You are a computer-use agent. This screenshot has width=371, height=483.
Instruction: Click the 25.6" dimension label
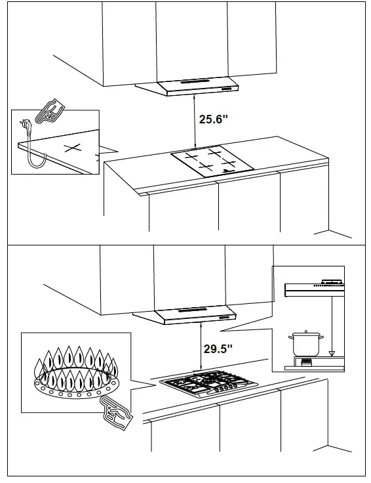coord(214,119)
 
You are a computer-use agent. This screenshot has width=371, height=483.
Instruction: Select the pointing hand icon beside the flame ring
coord(117,411)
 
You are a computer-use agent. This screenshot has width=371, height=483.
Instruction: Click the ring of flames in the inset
coord(75,375)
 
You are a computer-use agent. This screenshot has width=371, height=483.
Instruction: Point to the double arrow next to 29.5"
coord(199,348)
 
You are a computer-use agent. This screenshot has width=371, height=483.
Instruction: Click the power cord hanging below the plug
coord(30,154)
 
